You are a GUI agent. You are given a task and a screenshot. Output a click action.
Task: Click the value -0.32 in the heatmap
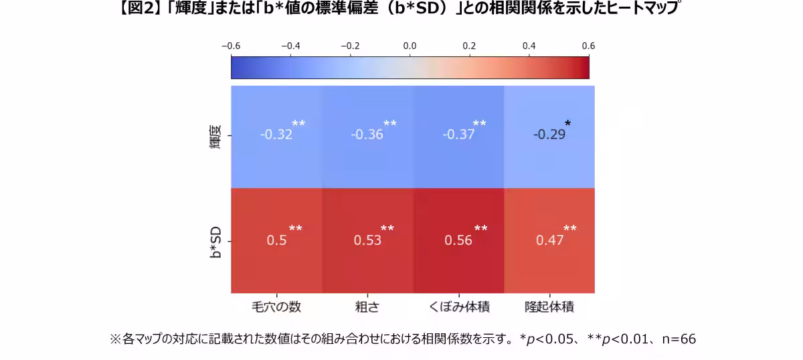276,134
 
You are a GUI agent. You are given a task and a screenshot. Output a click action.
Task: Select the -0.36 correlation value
367,134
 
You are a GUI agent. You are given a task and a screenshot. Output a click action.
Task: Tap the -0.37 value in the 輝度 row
458,134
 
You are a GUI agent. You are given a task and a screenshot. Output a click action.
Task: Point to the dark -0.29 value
549,134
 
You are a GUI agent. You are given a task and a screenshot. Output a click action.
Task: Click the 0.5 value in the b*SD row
276,240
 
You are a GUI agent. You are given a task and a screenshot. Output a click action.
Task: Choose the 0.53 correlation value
367,240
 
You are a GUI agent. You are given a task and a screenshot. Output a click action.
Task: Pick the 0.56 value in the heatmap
458,240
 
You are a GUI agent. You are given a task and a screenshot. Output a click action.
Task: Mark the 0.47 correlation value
549,240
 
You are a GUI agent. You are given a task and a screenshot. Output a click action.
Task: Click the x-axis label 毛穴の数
276,307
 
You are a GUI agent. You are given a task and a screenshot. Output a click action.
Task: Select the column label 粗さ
367,307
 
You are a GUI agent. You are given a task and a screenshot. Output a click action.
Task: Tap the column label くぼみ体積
458,307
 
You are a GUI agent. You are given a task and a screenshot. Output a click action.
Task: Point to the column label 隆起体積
549,307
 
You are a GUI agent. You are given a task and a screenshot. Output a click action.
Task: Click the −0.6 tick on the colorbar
231,46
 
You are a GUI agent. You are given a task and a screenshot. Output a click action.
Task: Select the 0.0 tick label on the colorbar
410,46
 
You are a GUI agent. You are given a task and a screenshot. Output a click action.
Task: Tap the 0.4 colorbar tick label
529,46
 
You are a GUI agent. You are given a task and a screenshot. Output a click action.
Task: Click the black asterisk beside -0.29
567,124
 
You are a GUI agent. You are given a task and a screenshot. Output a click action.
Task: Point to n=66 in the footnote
679,339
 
